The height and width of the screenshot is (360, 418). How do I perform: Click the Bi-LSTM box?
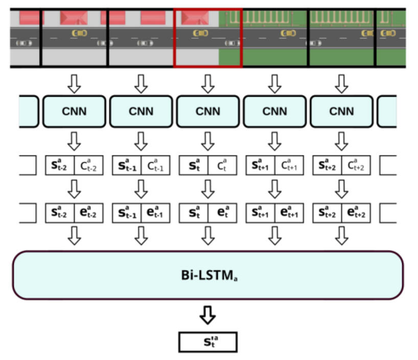point(207,275)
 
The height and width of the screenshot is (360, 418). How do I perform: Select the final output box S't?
point(207,342)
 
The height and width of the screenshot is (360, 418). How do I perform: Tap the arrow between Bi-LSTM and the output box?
point(207,316)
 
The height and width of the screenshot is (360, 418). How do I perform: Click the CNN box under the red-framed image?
point(207,111)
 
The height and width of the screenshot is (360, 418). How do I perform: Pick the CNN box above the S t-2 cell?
point(74,111)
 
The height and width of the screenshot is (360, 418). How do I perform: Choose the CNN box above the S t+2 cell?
point(341,111)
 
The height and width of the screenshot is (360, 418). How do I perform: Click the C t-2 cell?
point(89,166)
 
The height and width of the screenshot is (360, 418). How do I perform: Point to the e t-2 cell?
point(89,212)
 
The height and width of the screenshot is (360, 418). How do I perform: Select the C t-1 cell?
point(156,166)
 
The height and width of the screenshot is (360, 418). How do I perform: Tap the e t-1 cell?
point(156,212)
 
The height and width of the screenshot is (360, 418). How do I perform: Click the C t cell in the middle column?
point(222,166)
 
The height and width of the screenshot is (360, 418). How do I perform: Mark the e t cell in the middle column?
point(222,212)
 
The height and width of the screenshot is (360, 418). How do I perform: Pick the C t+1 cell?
point(289,166)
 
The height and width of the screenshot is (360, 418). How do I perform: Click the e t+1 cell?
point(289,212)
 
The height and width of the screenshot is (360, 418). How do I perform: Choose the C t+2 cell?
point(356,166)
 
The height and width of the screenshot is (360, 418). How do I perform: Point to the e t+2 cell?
point(356,212)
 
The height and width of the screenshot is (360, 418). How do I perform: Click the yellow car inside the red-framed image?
point(200,33)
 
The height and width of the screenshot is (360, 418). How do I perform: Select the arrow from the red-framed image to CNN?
point(207,83)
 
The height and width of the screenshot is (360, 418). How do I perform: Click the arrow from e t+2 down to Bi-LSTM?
point(341,235)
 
